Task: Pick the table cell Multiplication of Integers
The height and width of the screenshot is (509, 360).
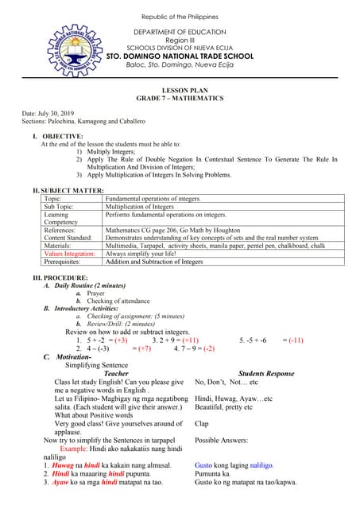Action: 139,207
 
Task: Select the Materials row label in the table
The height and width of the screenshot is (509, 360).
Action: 60,244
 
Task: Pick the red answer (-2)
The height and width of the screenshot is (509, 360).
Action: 208,348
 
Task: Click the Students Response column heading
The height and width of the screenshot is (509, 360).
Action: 266,373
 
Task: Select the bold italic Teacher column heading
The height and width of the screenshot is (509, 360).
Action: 116,373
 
